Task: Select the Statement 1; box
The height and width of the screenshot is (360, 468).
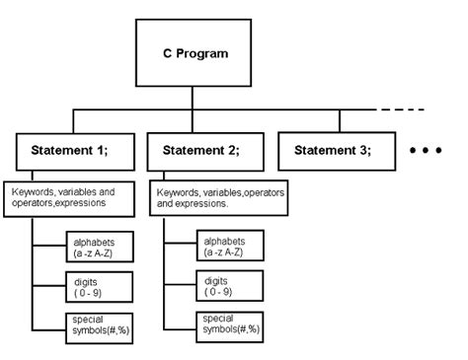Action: [70, 152]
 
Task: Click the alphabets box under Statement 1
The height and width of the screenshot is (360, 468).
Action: [100, 246]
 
